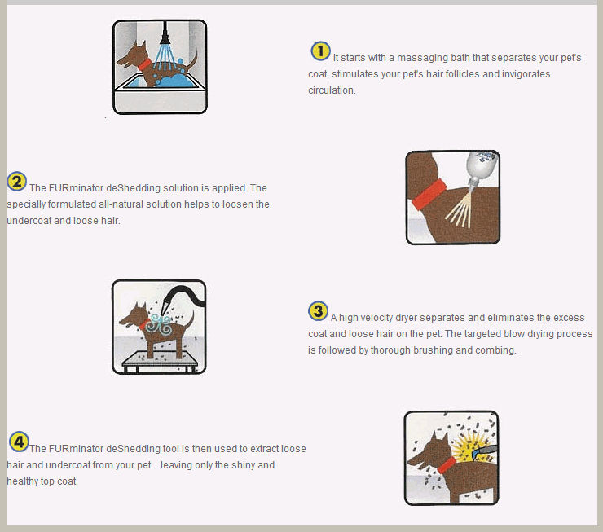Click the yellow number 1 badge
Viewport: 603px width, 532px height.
320,51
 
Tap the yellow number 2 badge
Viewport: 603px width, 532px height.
16,181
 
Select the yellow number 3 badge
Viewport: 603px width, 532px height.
318,311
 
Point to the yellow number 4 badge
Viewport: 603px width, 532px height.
19,442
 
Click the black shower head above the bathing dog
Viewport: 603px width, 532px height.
165,33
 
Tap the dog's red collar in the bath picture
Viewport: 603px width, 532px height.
144,64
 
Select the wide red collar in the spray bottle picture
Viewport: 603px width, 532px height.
429,195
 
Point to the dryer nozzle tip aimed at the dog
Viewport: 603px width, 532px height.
165,312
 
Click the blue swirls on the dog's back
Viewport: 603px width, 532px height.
159,325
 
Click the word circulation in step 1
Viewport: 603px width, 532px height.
332,90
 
